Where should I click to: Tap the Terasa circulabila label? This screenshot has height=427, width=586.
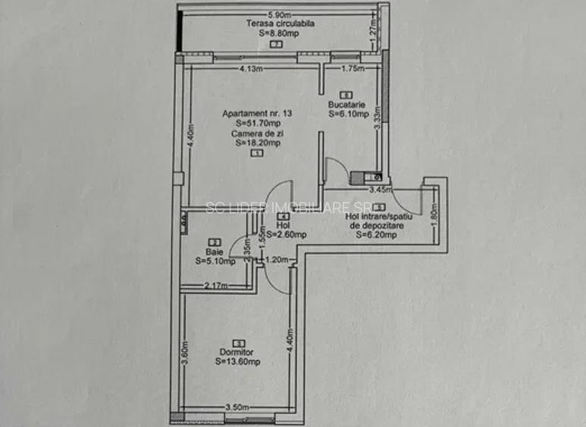point(280,24)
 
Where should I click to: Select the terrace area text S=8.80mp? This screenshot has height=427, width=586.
point(278,33)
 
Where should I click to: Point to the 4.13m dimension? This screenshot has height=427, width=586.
point(250,69)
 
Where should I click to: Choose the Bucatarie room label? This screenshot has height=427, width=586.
point(347,105)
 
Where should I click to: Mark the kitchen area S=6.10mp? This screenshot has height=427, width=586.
point(348,115)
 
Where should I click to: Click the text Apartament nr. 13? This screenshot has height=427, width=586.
point(257,114)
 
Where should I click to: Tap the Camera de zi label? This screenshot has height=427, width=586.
point(257,133)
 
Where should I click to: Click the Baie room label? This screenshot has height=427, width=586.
point(214,253)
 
